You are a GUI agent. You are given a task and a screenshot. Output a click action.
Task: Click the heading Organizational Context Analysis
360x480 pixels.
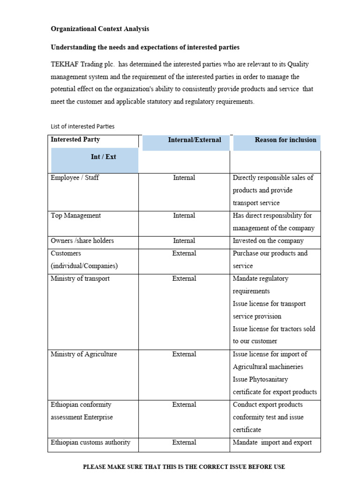point(100,29)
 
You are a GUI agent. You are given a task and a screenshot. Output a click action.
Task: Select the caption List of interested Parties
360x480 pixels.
point(82,126)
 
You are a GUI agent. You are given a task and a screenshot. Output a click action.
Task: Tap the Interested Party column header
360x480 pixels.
point(75,140)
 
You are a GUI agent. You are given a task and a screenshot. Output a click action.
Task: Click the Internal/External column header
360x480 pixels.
point(195,140)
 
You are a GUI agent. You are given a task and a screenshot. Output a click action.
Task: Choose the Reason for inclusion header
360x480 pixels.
point(285,140)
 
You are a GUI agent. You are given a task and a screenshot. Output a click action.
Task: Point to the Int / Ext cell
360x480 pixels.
point(103,157)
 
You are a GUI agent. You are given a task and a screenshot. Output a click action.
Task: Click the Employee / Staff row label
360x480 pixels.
point(75,178)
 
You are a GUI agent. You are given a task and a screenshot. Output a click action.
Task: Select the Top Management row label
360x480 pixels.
point(75,216)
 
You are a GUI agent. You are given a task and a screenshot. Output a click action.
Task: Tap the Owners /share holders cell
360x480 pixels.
point(82,241)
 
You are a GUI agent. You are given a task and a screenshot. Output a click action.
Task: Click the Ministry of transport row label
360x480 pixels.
point(80,278)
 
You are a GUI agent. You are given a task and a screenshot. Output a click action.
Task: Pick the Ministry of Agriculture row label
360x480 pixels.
point(83,354)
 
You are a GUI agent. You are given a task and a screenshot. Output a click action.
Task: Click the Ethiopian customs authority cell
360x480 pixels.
point(90,442)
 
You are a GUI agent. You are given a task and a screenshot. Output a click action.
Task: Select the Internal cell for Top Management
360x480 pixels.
point(184,216)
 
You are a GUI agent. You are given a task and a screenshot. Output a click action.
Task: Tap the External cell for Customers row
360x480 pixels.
point(184,254)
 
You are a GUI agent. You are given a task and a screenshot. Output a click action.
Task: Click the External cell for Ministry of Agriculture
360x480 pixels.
point(184,354)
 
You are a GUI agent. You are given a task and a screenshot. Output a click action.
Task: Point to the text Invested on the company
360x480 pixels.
point(268,241)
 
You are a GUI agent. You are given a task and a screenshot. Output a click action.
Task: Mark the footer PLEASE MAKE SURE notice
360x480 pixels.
point(184,467)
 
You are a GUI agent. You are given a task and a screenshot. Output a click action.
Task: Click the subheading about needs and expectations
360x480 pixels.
point(145,47)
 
